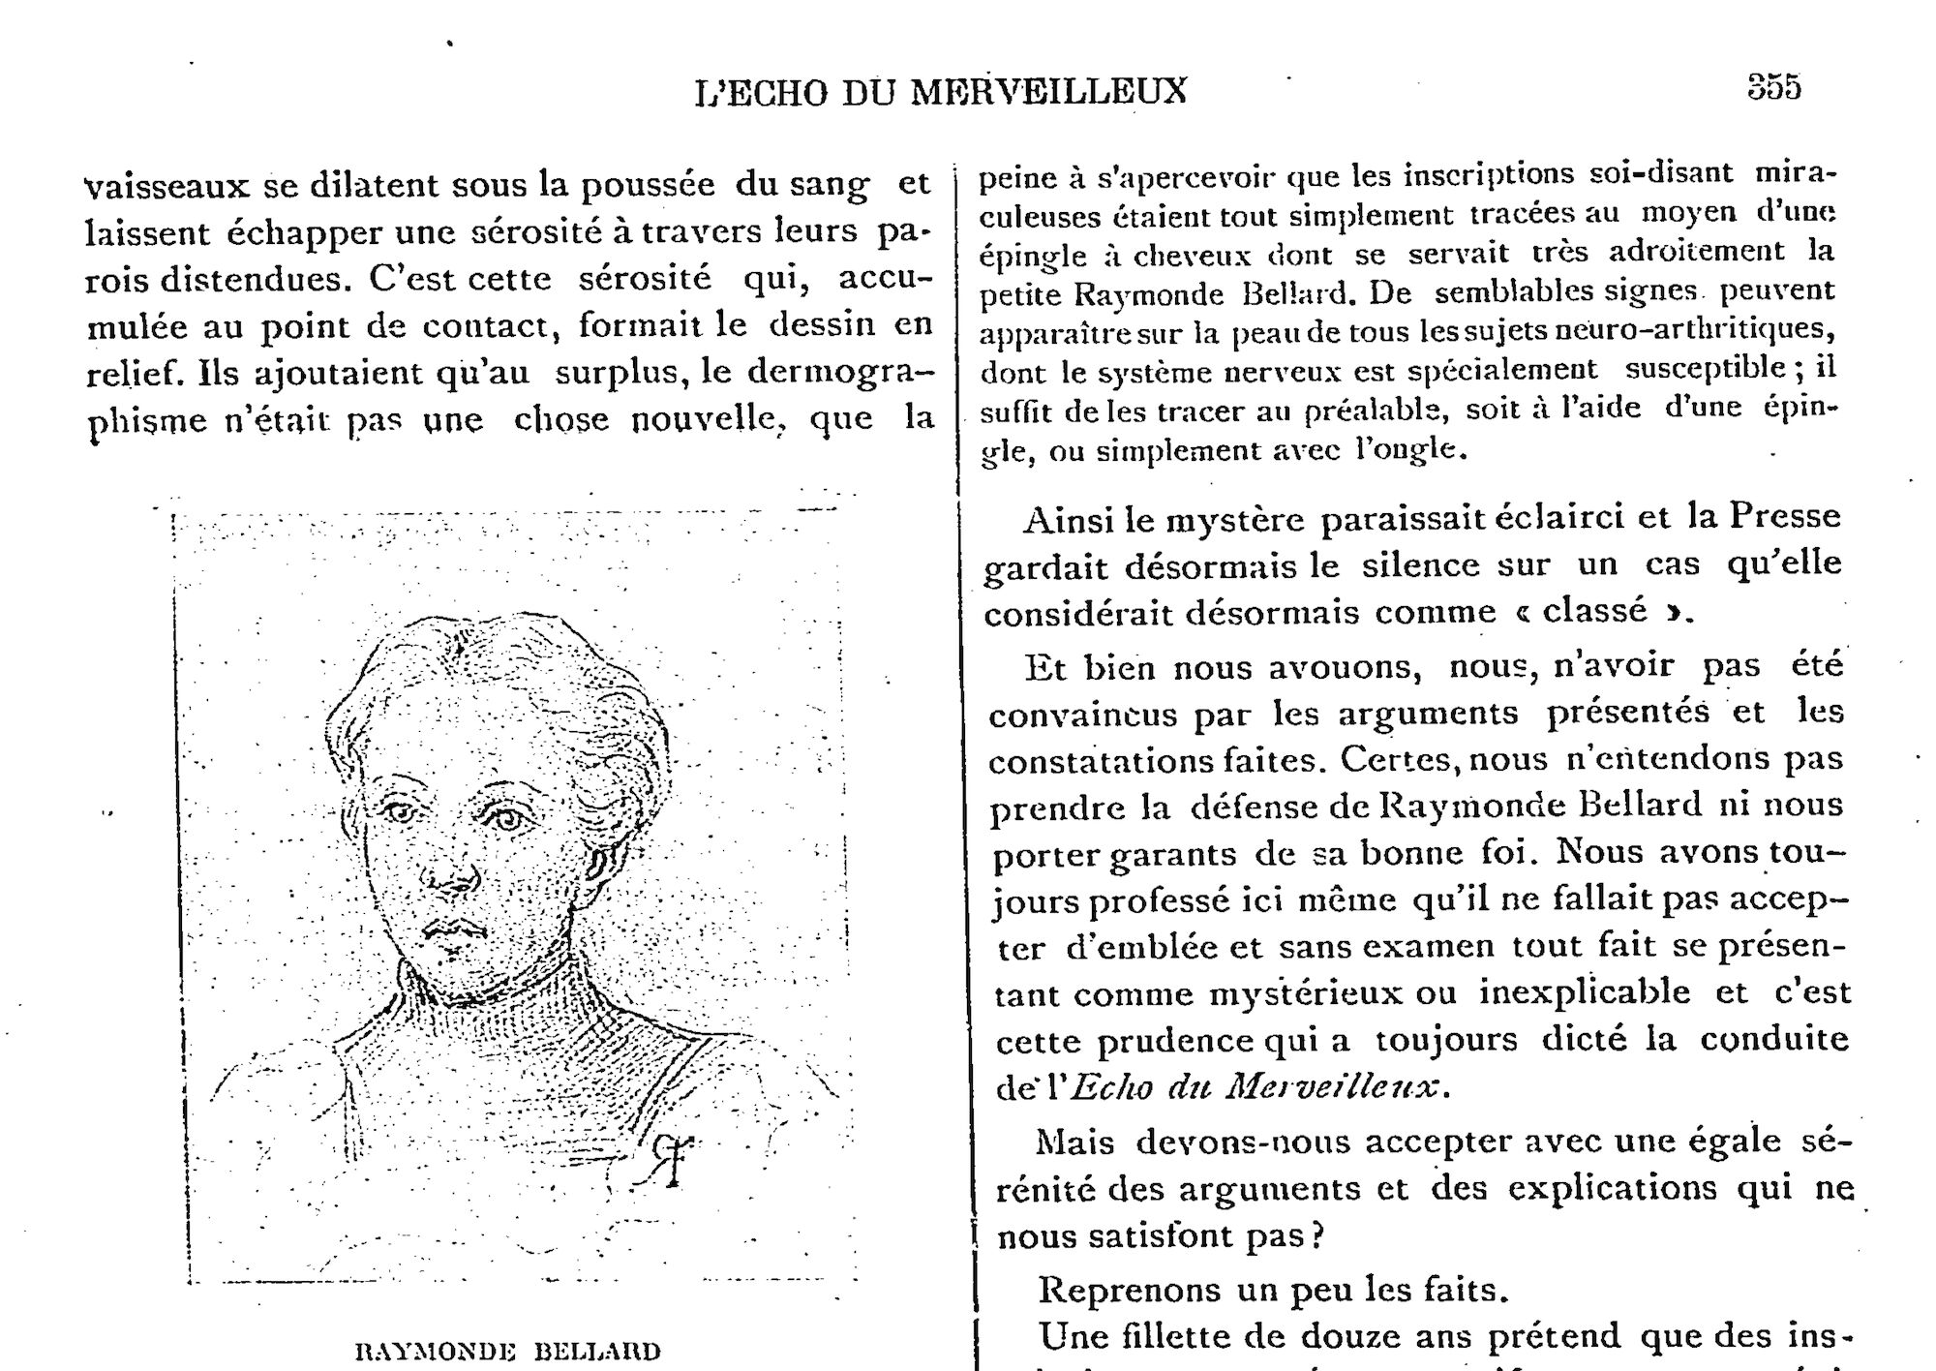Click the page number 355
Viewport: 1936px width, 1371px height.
pyautogui.click(x=1773, y=87)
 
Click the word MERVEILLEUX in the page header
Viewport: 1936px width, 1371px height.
pyautogui.click(x=1049, y=91)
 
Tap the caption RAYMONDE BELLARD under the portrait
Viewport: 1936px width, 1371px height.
pyautogui.click(x=508, y=1351)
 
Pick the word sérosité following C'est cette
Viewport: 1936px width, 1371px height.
pyautogui.click(x=645, y=279)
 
